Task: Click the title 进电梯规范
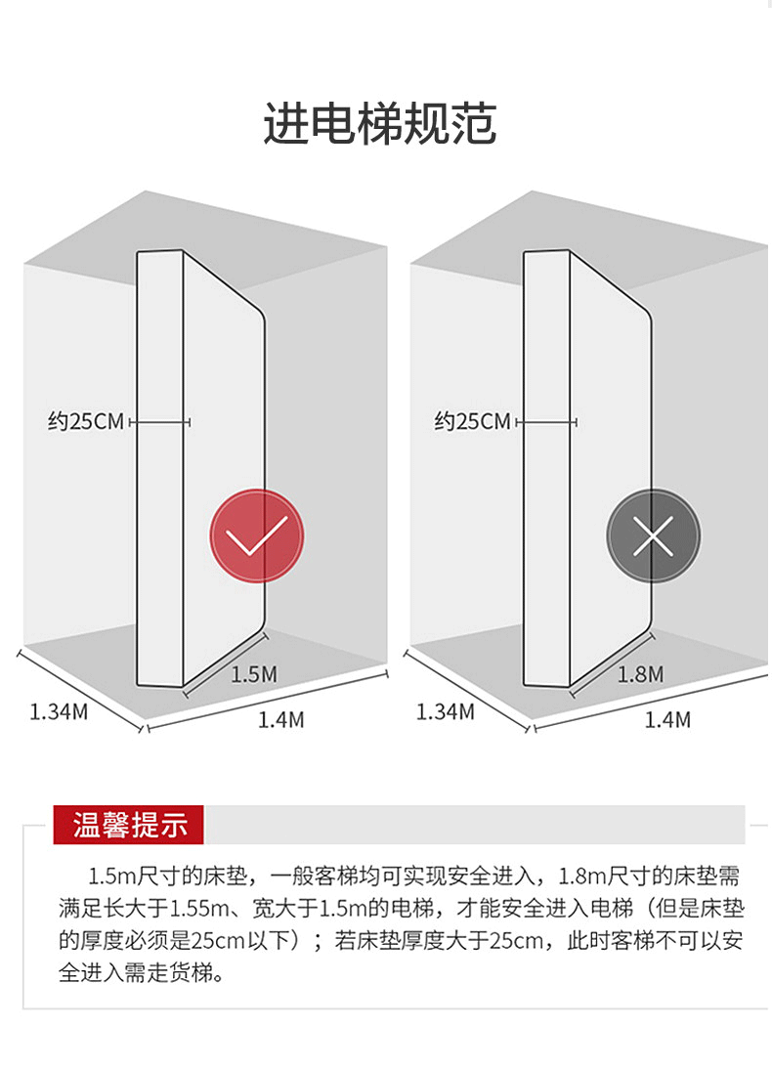pos(379,125)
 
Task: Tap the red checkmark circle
pos(257,535)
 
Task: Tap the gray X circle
pos(653,535)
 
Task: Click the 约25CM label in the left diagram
pos(87,422)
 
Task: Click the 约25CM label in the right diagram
pos(473,422)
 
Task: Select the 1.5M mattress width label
pos(254,674)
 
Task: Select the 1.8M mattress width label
pos(640,674)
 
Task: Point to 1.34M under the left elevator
pos(59,711)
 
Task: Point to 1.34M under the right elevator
pos(446,711)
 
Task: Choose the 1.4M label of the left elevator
pos(280,720)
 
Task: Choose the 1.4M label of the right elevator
pos(667,720)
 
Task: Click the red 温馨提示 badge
pos(130,825)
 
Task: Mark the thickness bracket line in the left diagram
pos(159,422)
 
